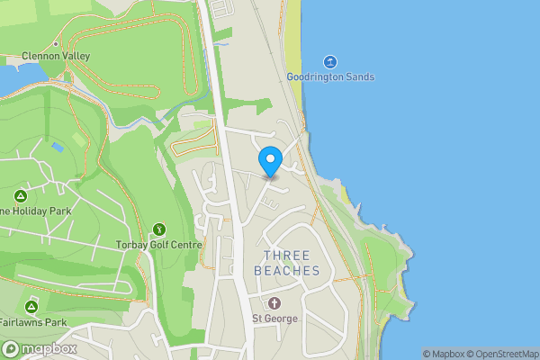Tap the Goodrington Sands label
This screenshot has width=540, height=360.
[x=330, y=77]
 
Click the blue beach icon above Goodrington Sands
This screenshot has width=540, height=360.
[x=330, y=61]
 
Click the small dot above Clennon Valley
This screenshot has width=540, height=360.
[x=55, y=43]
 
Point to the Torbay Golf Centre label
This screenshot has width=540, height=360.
[x=158, y=245]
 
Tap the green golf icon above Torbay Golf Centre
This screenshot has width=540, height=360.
[x=159, y=229]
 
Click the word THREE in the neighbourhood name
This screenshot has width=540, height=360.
[x=287, y=256]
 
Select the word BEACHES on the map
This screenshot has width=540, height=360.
[x=287, y=271]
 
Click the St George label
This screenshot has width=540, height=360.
[x=274, y=319]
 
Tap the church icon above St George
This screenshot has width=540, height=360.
[x=274, y=303]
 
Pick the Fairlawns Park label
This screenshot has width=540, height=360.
[x=33, y=322]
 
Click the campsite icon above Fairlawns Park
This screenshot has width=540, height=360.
[x=31, y=307]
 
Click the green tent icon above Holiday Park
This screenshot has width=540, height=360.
[x=20, y=195]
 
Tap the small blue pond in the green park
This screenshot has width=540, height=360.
[x=58, y=146]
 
